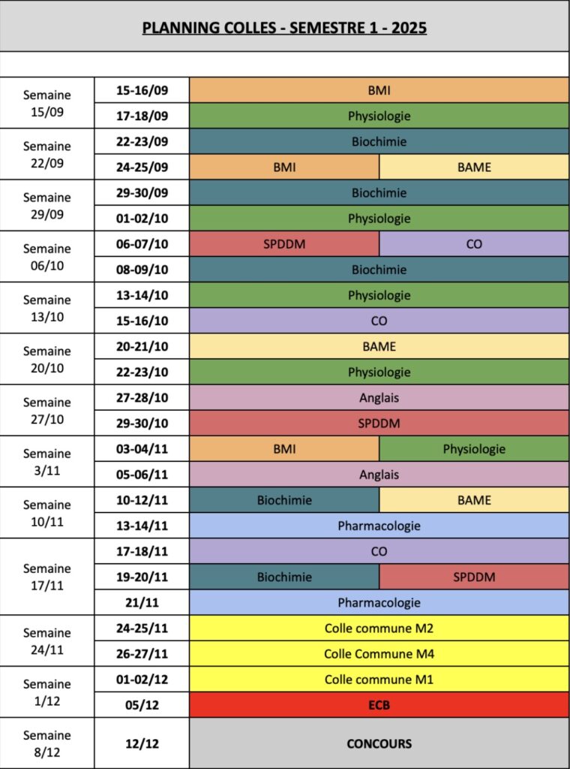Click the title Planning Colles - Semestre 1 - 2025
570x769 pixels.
point(284,29)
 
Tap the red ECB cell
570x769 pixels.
point(379,705)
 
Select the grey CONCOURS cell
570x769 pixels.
point(379,743)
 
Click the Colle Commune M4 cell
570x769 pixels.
point(379,654)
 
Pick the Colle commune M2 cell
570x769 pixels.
point(379,628)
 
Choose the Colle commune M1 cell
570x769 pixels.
point(379,680)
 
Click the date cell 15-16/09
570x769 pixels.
point(142,90)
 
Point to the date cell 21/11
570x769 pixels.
point(142,602)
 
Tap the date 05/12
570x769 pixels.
point(142,705)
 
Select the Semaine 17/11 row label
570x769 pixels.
point(47,577)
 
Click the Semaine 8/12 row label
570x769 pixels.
point(47,743)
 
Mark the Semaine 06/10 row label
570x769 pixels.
point(47,257)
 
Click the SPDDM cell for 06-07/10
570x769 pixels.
point(284,244)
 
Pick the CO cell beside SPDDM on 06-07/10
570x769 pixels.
point(474,244)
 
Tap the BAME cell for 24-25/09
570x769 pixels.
point(474,167)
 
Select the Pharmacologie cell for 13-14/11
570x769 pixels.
point(379,526)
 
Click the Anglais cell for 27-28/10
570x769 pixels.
point(379,398)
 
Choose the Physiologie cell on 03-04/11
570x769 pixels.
point(474,449)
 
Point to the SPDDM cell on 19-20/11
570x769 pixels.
point(474,577)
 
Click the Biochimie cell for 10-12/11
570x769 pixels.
point(284,500)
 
